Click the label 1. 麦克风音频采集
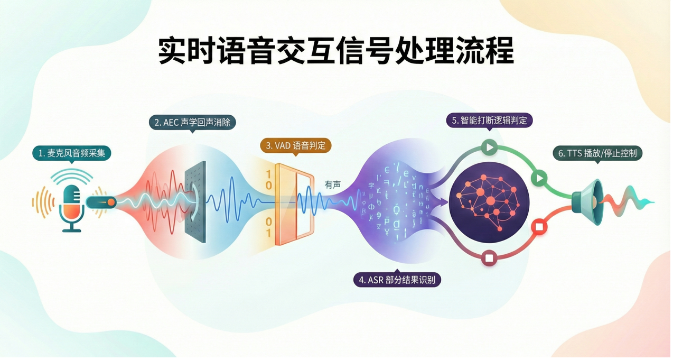tap(71, 153)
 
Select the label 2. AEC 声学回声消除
tap(192, 123)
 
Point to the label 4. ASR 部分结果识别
tap(397, 280)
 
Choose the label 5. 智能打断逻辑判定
tap(490, 120)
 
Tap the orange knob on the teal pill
tap(111, 201)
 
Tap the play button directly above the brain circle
tap(490, 147)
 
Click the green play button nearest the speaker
tap(538, 178)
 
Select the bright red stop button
tap(539, 227)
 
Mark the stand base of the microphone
tap(72, 229)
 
